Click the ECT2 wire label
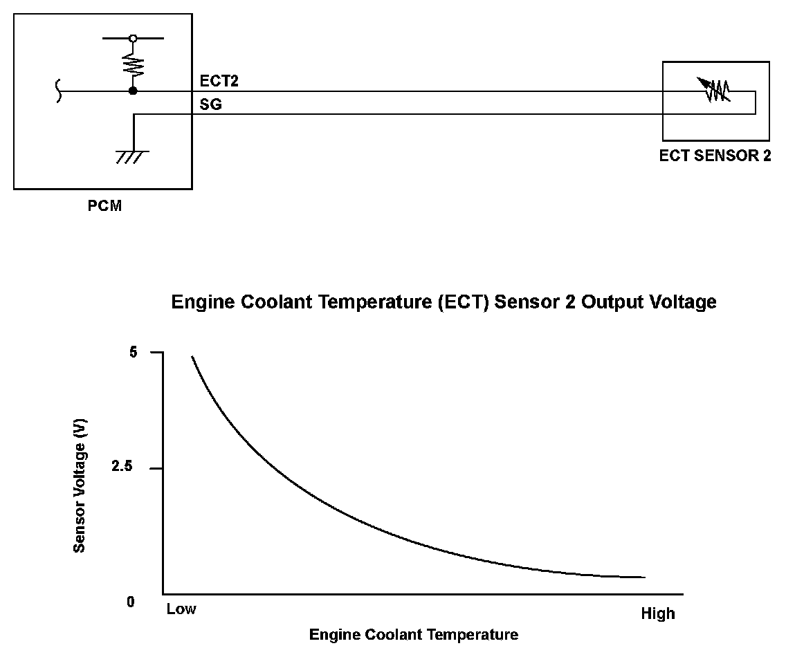pos(219,82)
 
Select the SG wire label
pos(210,104)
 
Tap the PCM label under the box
pos(105,205)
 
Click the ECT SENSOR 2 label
pos(715,156)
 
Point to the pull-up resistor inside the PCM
pos(133,64)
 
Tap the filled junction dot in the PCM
pos(133,91)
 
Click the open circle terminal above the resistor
pos(133,39)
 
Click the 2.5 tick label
pos(122,468)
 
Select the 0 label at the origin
pos(130,602)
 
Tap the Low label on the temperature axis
pos(181,609)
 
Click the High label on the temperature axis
pos(657,614)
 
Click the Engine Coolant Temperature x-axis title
pos(413,634)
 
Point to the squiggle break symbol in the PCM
pos(58,91)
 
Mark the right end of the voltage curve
pos(644,577)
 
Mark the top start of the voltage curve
pos(192,357)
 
